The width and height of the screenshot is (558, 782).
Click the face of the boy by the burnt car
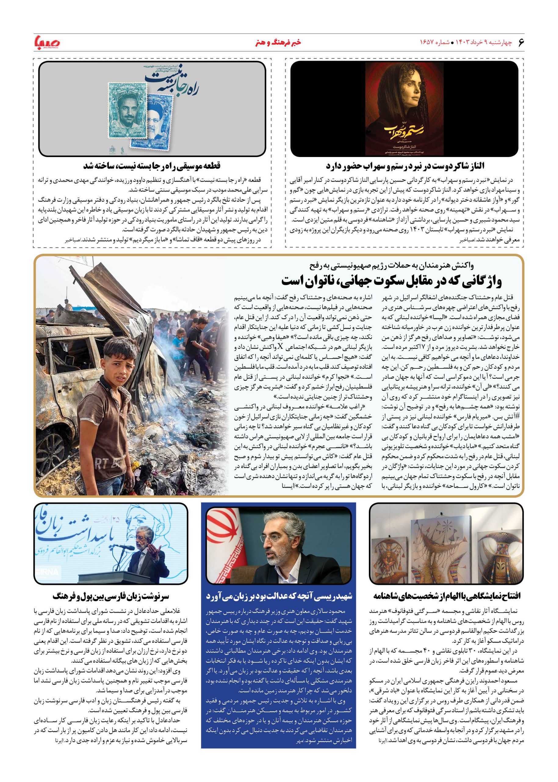pyautogui.click(x=115, y=356)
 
